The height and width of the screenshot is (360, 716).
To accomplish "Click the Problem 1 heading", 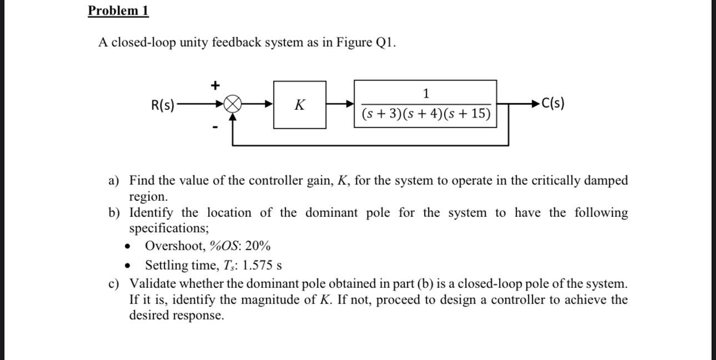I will [x=118, y=11].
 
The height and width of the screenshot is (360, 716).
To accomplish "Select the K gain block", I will [x=299, y=104].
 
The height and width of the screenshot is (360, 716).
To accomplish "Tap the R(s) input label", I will [x=163, y=104].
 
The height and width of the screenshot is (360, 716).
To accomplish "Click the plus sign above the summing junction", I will [x=215, y=85].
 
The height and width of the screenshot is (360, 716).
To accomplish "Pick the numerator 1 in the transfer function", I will [x=426, y=93].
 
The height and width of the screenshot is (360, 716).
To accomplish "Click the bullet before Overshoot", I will [x=128, y=246].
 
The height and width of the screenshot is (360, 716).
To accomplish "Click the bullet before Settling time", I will [x=128, y=266].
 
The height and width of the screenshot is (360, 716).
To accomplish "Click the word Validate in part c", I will [x=151, y=284].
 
